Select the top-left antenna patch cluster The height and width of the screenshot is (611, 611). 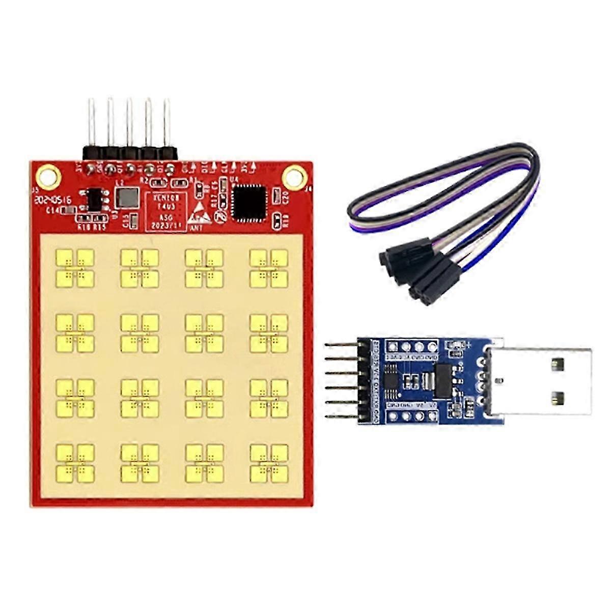pos(75,267)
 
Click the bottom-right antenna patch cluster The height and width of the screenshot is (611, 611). pos(269,462)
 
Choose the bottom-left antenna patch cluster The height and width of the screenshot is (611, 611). pos(75,462)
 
